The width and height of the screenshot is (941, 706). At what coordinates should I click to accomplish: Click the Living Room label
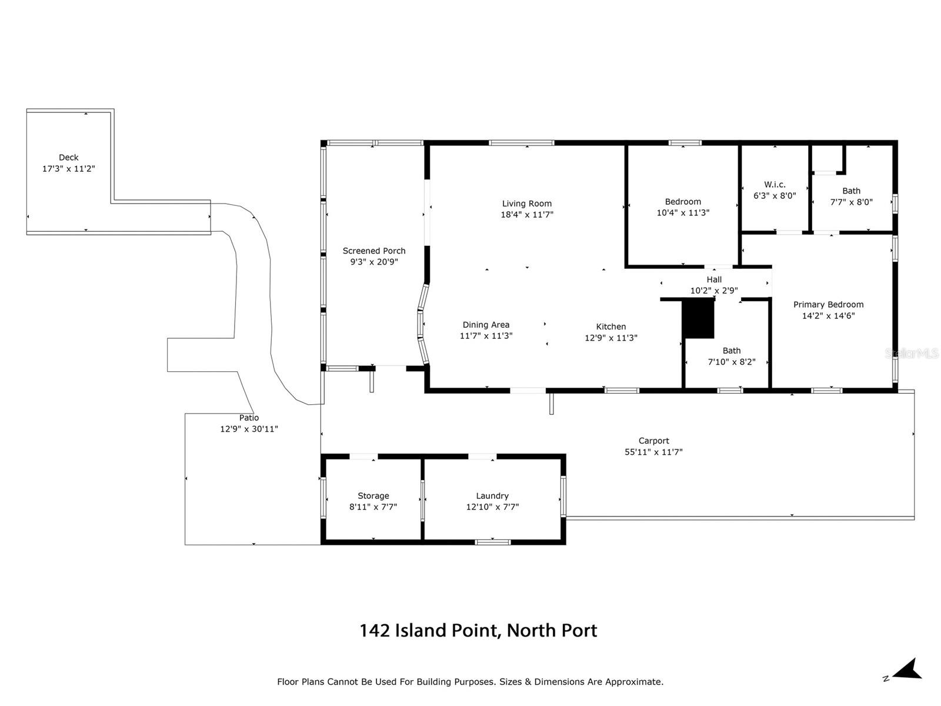(526, 204)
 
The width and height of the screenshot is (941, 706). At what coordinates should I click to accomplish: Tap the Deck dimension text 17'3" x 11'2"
(69, 169)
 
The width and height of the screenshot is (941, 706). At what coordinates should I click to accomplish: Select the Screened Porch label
(374, 251)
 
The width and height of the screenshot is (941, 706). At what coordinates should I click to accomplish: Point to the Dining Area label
(486, 325)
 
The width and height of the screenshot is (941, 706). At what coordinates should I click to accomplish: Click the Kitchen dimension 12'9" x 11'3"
(611, 338)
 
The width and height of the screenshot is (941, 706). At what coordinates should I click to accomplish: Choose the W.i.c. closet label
(775, 185)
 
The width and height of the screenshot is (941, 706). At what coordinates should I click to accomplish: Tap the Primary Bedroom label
(828, 305)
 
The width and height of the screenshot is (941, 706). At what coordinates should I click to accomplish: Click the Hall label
(714, 279)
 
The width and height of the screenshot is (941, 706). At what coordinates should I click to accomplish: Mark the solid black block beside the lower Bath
(698, 318)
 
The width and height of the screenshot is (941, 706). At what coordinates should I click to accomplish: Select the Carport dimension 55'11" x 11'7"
(653, 452)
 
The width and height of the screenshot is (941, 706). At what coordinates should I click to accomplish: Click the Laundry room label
(492, 496)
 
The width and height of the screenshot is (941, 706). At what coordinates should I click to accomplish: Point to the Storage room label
(373, 496)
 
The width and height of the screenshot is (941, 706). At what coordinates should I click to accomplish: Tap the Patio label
(249, 418)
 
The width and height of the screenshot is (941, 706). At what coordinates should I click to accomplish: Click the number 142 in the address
(375, 631)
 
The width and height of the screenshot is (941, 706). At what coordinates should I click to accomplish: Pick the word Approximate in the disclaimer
(634, 682)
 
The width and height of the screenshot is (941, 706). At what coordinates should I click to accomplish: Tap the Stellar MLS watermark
(912, 353)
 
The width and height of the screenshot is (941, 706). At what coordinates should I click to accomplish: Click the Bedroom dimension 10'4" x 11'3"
(683, 212)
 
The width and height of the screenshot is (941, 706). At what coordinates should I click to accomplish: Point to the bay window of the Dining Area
(423, 325)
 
